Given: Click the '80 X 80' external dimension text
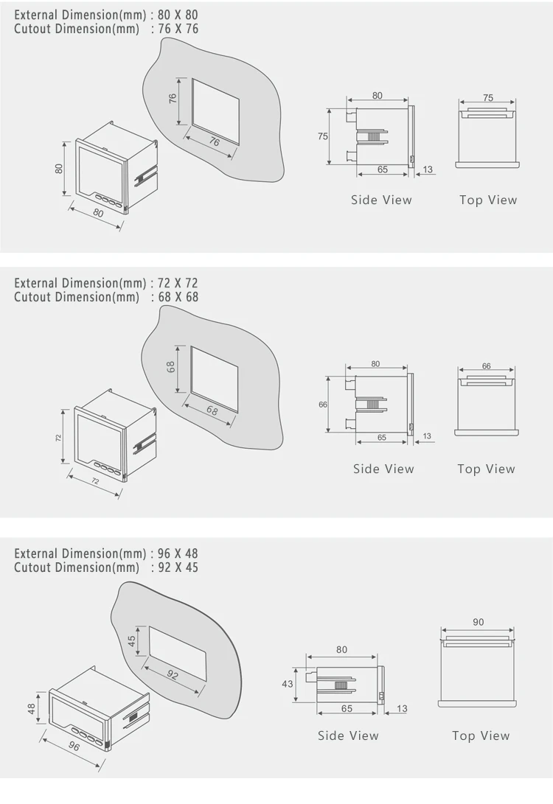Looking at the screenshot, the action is [178, 15].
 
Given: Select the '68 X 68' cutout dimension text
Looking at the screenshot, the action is [178, 297].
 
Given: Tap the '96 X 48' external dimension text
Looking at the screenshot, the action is [178, 553].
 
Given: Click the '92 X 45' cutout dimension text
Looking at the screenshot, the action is [178, 567].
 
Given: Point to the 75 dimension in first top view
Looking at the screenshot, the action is [488, 97].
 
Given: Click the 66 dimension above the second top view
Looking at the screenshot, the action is [487, 366].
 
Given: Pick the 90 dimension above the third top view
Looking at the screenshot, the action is [478, 622].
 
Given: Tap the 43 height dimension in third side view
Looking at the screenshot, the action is [288, 683].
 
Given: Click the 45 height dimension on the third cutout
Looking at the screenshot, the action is [132, 641].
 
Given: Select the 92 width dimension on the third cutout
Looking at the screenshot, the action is [173, 675].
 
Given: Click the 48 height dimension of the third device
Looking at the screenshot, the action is [31, 709].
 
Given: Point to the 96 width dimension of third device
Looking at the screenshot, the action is [74, 746].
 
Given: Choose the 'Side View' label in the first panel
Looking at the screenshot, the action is [381, 200].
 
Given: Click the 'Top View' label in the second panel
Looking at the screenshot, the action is [487, 469].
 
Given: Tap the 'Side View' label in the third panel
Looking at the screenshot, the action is [348, 735].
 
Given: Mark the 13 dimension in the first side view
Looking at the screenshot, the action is [428, 169].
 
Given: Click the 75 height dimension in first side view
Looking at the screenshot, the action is [322, 136].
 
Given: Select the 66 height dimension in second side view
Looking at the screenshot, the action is [323, 405].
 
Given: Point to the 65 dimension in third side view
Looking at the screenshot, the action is [347, 708].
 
